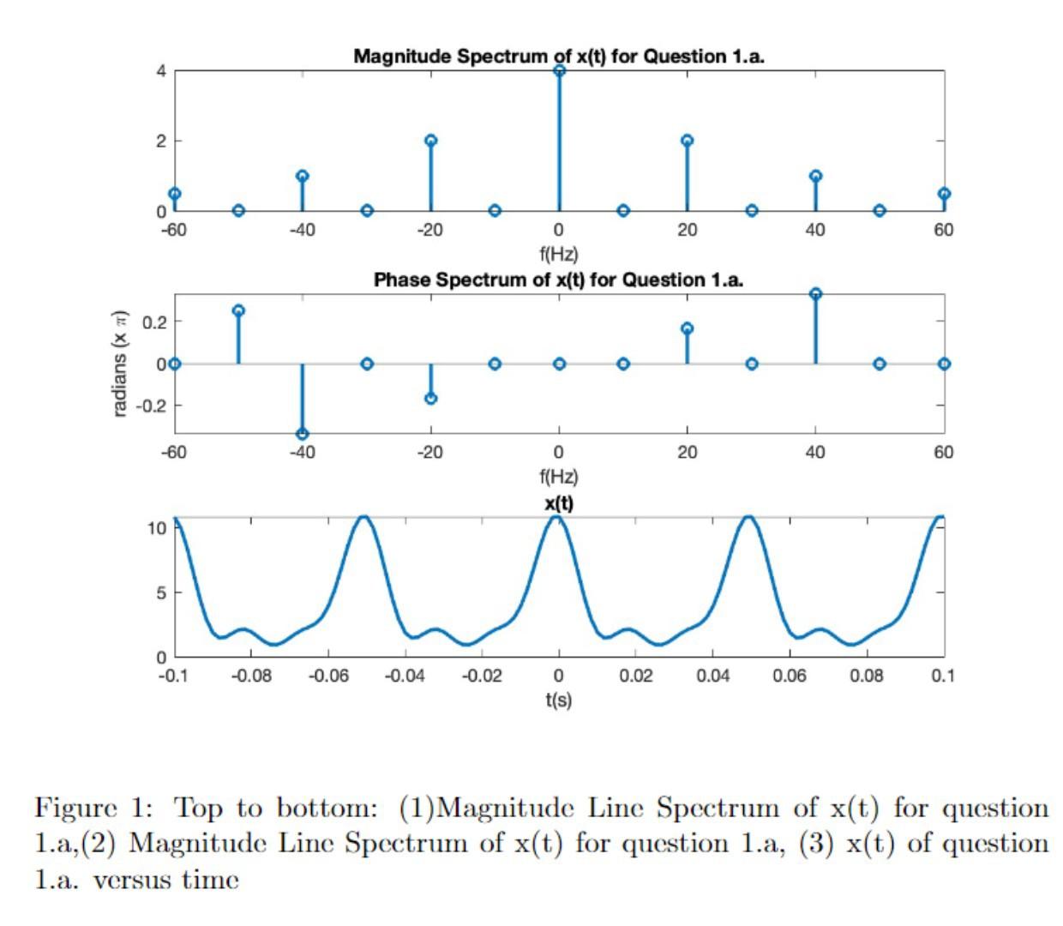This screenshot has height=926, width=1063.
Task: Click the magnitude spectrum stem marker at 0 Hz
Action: coord(559,71)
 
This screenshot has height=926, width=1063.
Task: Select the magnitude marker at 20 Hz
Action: coord(687,141)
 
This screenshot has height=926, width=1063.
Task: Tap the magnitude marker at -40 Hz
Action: coord(302,176)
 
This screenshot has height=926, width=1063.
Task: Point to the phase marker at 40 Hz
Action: coord(815,294)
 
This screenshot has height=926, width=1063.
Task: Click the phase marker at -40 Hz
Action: coord(302,434)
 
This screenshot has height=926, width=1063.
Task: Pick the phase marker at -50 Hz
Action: coord(238,310)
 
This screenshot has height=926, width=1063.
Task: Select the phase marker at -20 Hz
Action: coord(430,399)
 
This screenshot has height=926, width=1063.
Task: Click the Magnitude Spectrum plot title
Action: coord(558,57)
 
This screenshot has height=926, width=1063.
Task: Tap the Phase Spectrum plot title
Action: coord(558,280)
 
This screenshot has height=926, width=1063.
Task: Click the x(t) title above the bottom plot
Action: coord(559,502)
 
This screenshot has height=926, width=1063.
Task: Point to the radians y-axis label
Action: coord(120,363)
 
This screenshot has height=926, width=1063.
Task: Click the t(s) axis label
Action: coord(558,700)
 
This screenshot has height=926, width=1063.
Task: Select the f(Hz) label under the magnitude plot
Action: coord(558,254)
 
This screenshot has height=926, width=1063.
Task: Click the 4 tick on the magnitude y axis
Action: coord(161,71)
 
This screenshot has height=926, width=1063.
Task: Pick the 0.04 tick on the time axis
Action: coord(712,676)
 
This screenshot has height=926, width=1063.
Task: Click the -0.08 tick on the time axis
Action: coord(250,676)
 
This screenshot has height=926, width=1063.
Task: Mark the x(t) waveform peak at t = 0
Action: coord(558,517)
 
